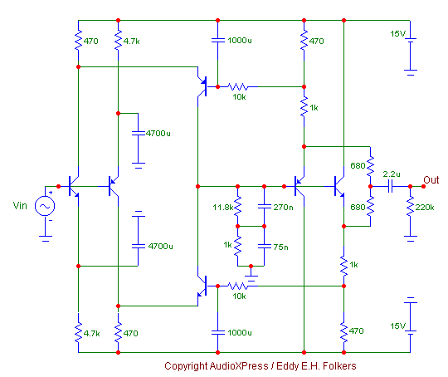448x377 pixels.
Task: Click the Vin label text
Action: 20,205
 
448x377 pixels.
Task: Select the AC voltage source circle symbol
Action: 45,206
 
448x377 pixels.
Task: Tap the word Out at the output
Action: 431,180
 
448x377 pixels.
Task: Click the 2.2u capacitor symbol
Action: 390,187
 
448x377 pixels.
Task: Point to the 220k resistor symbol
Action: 410,206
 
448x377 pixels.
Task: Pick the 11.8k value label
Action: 223,207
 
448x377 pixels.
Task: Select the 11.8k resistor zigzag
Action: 238,206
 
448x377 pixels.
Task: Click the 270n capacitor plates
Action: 265,206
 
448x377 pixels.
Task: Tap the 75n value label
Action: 280,247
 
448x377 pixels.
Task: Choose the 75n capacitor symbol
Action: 265,246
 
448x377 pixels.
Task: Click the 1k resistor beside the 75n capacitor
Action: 238,246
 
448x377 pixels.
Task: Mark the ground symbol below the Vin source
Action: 45,238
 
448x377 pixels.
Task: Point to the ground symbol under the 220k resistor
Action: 411,238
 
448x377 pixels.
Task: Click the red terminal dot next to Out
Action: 423,187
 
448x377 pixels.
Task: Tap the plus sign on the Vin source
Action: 51,193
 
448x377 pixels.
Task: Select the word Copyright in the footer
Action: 186,366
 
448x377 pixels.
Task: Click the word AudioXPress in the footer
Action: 239,366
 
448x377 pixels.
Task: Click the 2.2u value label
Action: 392,174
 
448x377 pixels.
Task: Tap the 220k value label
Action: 425,207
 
